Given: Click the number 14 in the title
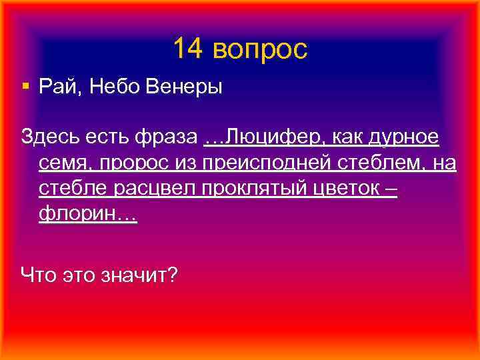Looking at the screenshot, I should click(189, 49).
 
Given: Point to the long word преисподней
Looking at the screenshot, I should click(265, 163).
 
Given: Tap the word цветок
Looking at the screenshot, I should click(346, 189).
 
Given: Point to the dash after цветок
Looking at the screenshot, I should click(391, 189).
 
